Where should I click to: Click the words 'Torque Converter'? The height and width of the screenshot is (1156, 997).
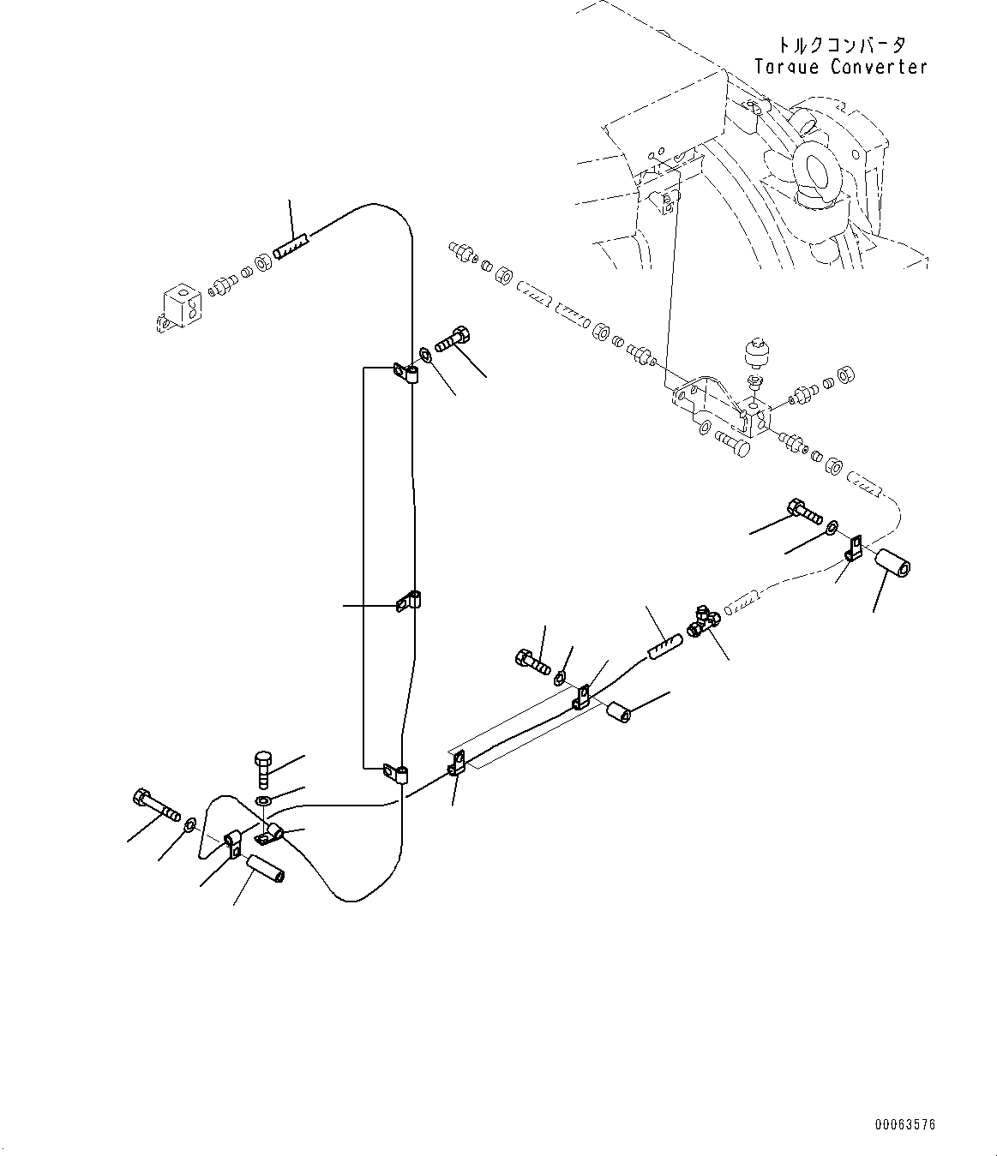click(840, 67)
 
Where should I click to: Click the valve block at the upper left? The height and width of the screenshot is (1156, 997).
click(181, 307)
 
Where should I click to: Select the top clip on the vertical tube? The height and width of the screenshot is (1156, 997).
click(407, 373)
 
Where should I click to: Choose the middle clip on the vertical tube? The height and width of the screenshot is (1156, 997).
click(410, 602)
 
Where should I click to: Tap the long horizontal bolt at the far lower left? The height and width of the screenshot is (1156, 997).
click(155, 805)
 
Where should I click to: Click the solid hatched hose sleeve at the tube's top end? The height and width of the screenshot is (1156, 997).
click(292, 246)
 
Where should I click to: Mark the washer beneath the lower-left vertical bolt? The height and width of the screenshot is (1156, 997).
click(265, 801)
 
